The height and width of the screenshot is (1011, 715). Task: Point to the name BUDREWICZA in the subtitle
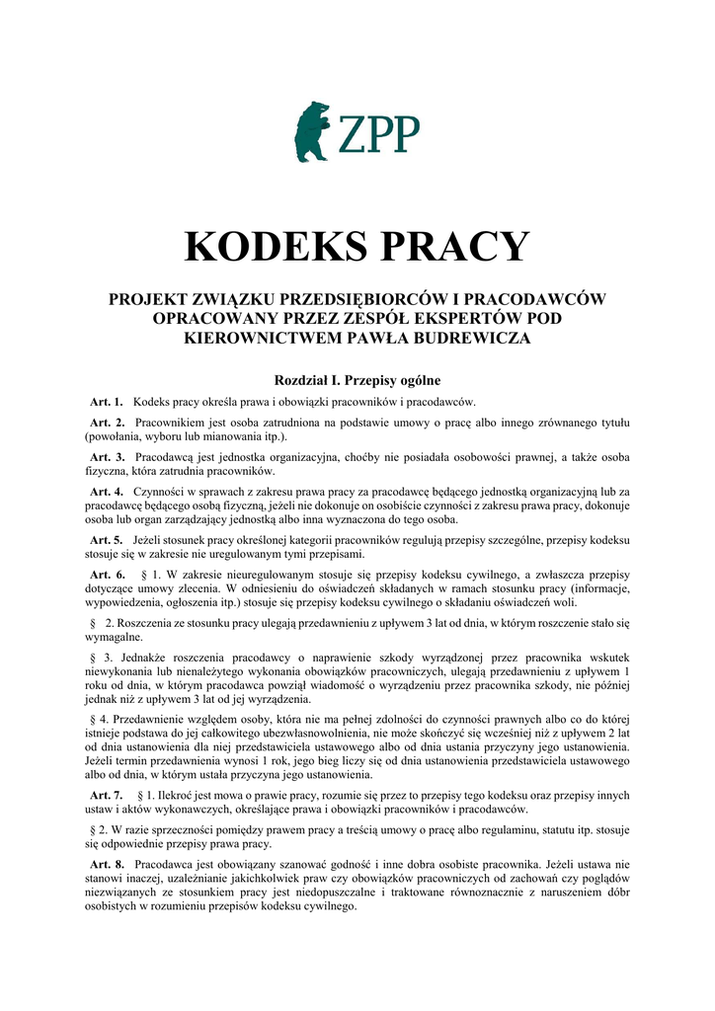(x=474, y=338)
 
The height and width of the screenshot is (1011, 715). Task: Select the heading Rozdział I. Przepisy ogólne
(x=357, y=379)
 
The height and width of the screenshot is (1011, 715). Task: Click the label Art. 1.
(x=106, y=402)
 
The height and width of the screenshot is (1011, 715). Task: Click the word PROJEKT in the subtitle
(x=147, y=298)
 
